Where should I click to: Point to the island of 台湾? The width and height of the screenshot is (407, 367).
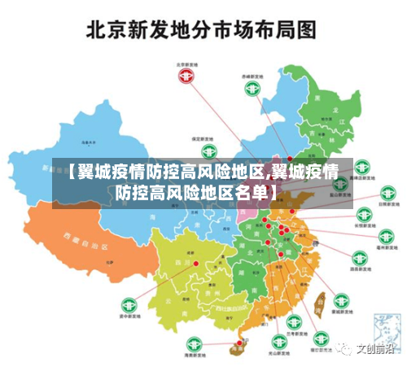(319, 303)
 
